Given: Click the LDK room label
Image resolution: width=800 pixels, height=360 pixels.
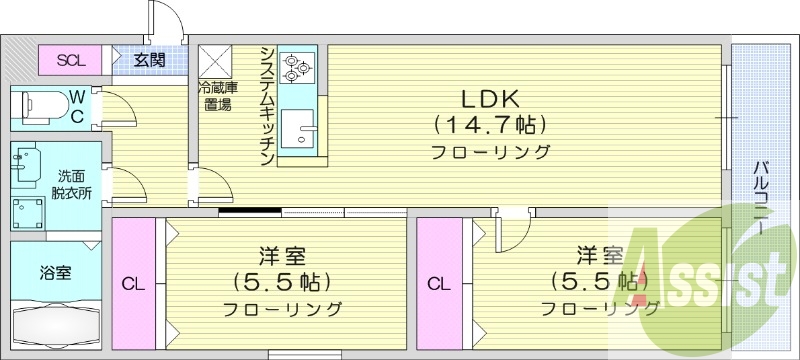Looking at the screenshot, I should point(489,100).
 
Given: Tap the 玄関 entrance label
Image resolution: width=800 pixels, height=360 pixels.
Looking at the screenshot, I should point(150,60).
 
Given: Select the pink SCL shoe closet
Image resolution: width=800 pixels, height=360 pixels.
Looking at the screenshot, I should point(71,60).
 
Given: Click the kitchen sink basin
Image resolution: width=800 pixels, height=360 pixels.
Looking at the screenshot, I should point(297,129).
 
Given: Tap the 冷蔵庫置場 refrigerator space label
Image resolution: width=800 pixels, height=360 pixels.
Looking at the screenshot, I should point(216,96).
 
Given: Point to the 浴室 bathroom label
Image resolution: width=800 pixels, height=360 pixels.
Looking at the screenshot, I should point(55,271).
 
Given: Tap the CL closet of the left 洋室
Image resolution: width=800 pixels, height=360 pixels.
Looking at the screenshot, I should point(134,284).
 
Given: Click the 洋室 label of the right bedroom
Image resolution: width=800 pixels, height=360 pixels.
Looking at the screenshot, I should point(601,254).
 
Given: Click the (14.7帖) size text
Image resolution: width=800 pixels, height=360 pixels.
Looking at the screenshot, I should point(489,126).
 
